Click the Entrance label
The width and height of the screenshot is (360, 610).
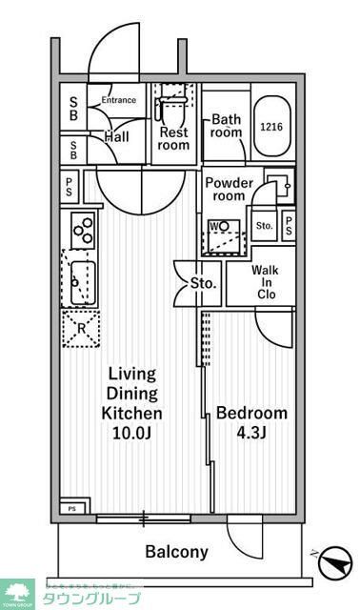point(120,100)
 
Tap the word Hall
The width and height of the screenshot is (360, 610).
point(117,137)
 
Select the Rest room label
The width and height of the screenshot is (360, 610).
point(174,139)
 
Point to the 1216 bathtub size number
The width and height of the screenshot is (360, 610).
point(271,127)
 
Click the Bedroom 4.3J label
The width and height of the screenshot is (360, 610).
point(251,422)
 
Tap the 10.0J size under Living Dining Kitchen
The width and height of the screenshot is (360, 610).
point(132,433)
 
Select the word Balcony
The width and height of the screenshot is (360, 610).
point(176,552)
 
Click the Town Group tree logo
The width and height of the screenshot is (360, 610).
point(16,593)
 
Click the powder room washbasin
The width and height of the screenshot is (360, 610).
point(276,184)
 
